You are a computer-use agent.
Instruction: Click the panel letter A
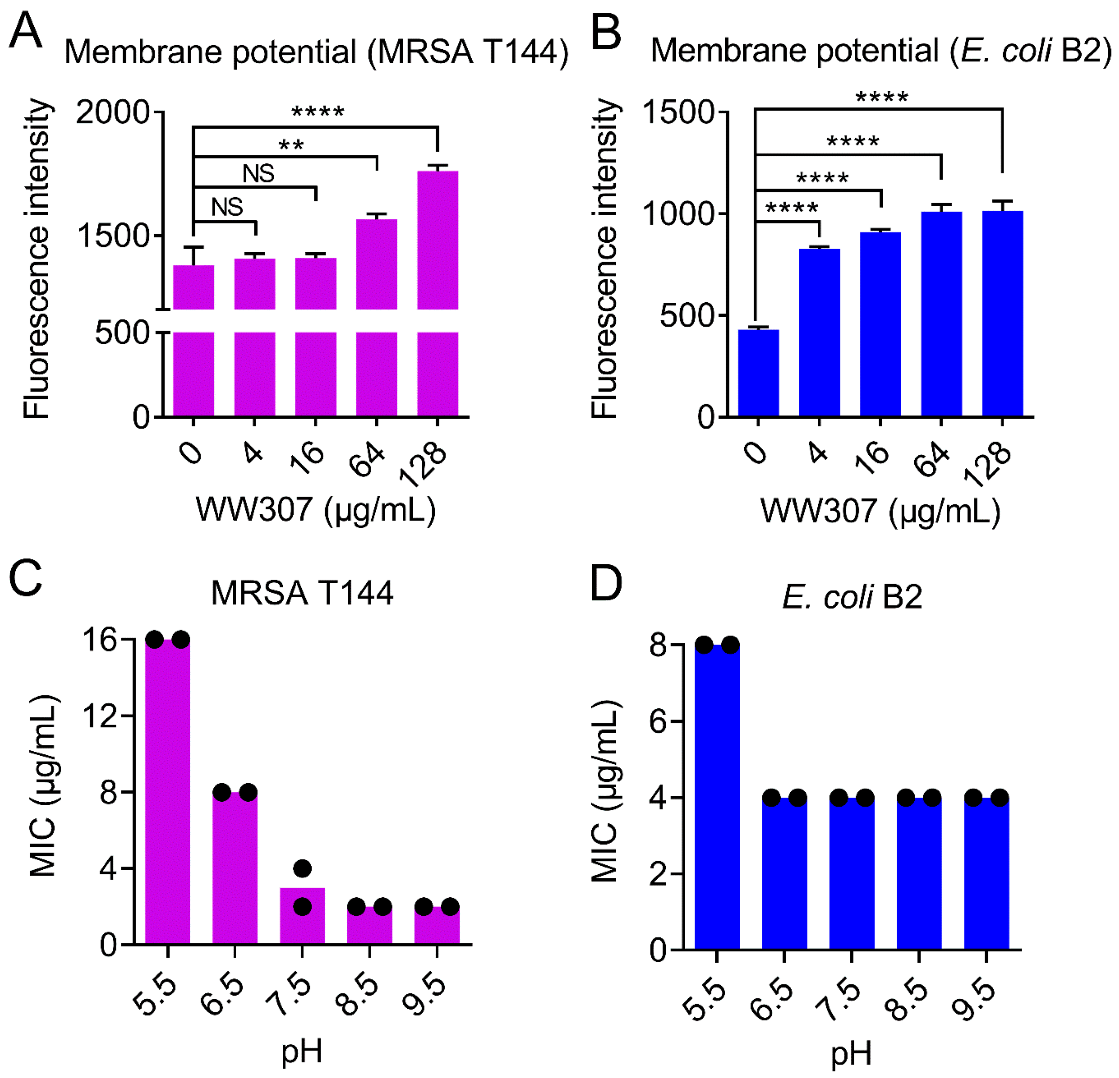[x=26, y=31]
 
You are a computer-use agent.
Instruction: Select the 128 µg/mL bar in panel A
[x=437, y=285]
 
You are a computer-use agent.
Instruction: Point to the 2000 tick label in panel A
[x=112, y=112]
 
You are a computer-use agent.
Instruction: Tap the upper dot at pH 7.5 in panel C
[x=302, y=868]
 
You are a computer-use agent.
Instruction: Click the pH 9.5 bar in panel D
[x=986, y=873]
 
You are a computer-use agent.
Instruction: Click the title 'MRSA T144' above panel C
[x=302, y=593]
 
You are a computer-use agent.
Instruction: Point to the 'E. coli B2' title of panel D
[x=852, y=597]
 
